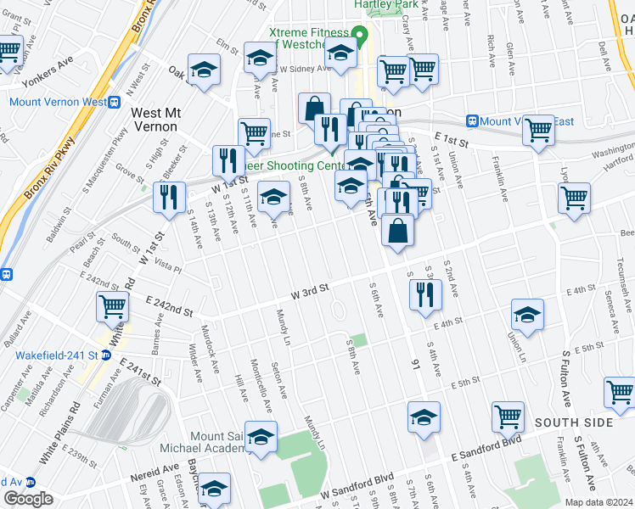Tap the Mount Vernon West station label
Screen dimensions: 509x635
(59, 102)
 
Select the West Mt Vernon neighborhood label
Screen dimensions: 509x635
(154, 119)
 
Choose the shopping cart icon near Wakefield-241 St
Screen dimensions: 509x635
(112, 307)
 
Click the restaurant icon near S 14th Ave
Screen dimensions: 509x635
(169, 197)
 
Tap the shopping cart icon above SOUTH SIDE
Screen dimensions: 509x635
(508, 417)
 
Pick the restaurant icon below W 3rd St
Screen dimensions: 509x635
(424, 294)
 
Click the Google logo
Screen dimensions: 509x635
(28, 500)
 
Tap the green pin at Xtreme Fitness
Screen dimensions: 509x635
(359, 36)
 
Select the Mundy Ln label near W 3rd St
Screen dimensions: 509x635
(283, 327)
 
